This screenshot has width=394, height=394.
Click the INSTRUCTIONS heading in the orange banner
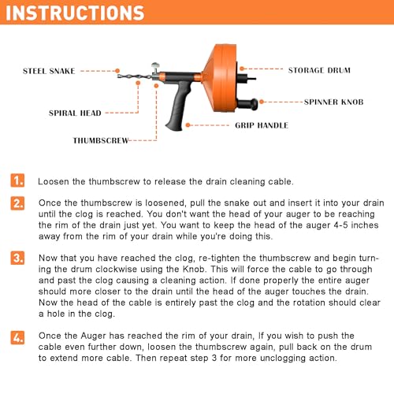[x=75, y=13]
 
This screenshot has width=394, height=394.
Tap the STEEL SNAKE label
[x=49, y=71]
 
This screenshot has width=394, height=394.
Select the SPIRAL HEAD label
[x=75, y=113]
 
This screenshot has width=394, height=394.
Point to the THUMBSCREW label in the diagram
[x=101, y=140]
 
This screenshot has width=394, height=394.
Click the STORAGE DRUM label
[x=319, y=70]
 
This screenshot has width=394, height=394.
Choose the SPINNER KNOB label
[x=334, y=102]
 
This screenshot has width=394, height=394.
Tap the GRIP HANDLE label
[x=262, y=125]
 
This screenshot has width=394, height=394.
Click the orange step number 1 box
[x=17, y=180]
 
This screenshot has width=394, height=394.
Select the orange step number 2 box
[x=17, y=203]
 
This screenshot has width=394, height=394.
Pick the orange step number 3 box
[x=17, y=258]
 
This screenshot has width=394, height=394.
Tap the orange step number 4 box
[x=17, y=337]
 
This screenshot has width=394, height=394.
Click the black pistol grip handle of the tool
[x=177, y=105]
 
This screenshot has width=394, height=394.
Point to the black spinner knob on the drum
[x=247, y=104]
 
